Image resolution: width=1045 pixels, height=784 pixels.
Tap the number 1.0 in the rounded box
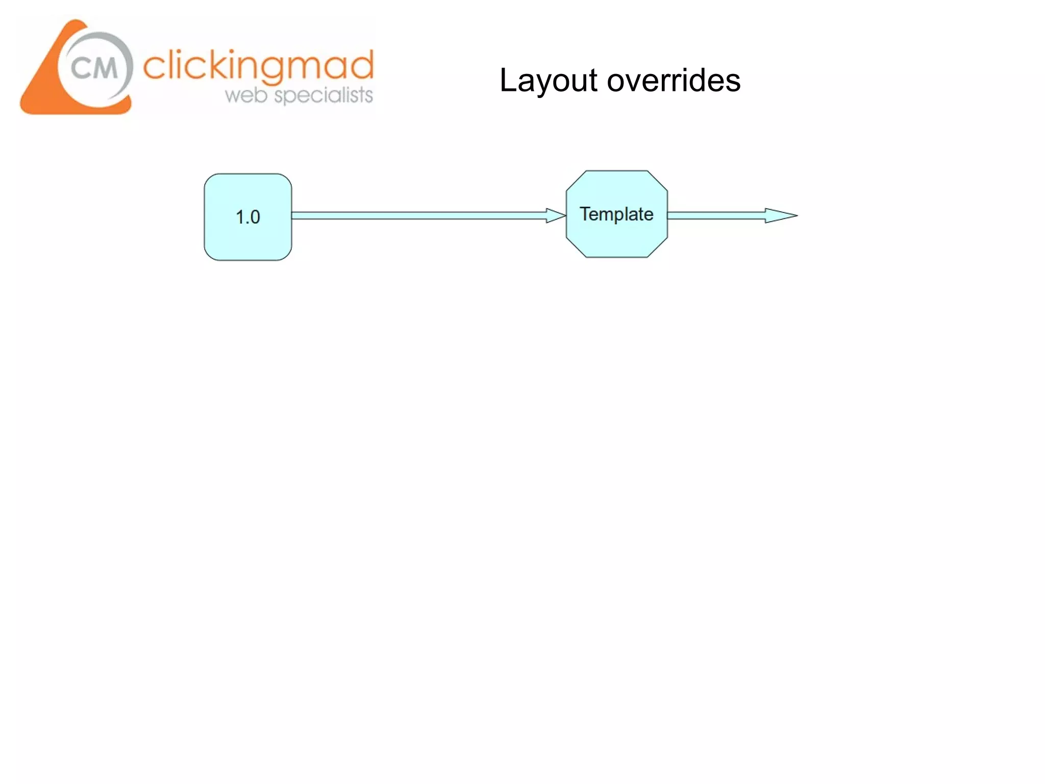coord(248,217)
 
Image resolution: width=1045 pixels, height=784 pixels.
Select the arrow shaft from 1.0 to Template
coord(418,215)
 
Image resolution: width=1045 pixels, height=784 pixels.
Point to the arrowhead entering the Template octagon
coord(555,215)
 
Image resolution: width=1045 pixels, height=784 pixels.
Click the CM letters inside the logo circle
coord(94,68)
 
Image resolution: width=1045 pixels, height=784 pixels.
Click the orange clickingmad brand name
coord(258,66)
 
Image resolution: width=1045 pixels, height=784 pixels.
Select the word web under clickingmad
coord(246,95)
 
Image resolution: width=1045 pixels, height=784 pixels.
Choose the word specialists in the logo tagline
coord(324,95)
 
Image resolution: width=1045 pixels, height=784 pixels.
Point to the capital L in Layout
coord(508,81)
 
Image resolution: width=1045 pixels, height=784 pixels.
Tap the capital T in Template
coord(585,213)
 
